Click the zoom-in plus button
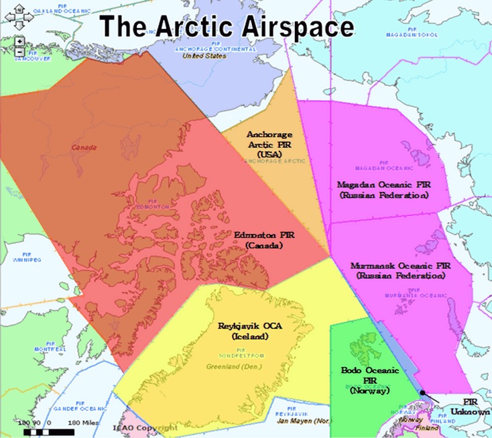20,41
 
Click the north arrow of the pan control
20,6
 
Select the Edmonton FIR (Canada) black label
265,241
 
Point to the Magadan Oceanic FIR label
383,189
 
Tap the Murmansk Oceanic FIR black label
401,270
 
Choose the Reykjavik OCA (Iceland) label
249,330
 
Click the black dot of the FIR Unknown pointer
423,393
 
